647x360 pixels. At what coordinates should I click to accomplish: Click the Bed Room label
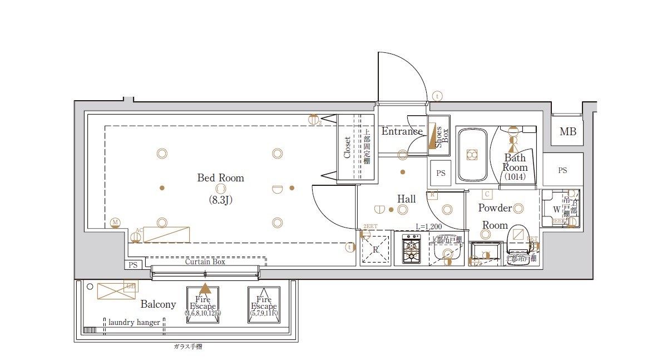pos(220,178)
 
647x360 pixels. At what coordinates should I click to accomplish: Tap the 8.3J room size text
pos(220,199)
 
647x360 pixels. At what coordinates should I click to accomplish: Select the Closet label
pos(347,147)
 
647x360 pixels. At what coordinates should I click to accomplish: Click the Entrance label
pos(402,132)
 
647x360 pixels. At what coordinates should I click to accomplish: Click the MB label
pos(567,132)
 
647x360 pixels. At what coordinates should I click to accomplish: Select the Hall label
pos(406,199)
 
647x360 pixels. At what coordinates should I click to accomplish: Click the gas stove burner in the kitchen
pos(412,249)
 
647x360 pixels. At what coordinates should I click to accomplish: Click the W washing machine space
pos(556,210)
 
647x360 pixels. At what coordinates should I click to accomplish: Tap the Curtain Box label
pos(205,262)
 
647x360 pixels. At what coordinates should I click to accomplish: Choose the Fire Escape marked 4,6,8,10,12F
pos(203,304)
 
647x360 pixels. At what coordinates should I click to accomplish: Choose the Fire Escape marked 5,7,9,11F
pos(264,304)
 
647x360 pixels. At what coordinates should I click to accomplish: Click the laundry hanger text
pos(134,323)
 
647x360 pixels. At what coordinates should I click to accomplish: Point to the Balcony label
pos(158,304)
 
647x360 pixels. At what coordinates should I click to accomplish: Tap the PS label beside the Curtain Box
pos(132,265)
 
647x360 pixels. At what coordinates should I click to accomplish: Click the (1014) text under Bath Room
pos(515,177)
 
